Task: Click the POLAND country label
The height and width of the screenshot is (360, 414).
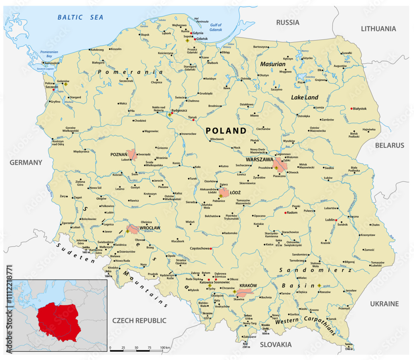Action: tap(226, 130)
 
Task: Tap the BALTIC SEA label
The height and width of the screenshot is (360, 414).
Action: tap(80, 17)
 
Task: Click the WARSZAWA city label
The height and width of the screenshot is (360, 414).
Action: tap(259, 159)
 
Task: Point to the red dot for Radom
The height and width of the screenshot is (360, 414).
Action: tap(285, 213)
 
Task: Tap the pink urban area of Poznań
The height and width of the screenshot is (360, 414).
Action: tap(132, 155)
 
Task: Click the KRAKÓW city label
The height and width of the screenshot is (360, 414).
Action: tap(248, 285)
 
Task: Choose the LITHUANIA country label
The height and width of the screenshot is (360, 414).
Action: tap(378, 29)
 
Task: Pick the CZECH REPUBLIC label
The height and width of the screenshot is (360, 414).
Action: tap(139, 320)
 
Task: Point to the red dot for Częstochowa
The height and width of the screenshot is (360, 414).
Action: tap(211, 249)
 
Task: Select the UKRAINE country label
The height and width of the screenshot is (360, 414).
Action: tap(384, 304)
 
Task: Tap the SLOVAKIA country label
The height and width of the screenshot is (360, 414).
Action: tap(276, 344)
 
